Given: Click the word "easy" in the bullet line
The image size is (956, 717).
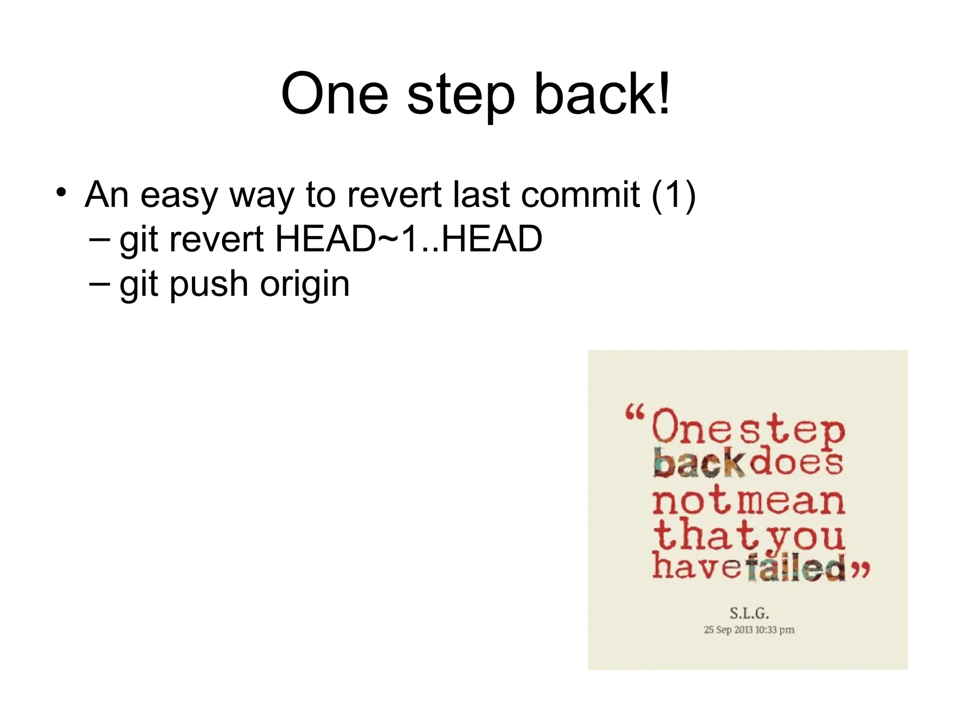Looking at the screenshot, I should [179, 195].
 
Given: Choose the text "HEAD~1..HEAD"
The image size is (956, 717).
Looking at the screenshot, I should [409, 239].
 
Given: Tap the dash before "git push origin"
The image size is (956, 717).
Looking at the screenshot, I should [99, 283].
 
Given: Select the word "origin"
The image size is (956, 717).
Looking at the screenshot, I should [304, 285].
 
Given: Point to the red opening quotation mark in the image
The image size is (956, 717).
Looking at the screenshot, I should [635, 414].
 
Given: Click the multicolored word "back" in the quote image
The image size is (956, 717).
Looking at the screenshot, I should [699, 463].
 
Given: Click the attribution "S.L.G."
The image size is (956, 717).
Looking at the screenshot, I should [749, 612].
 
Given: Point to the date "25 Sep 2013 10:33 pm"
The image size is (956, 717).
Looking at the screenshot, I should [749, 630].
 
